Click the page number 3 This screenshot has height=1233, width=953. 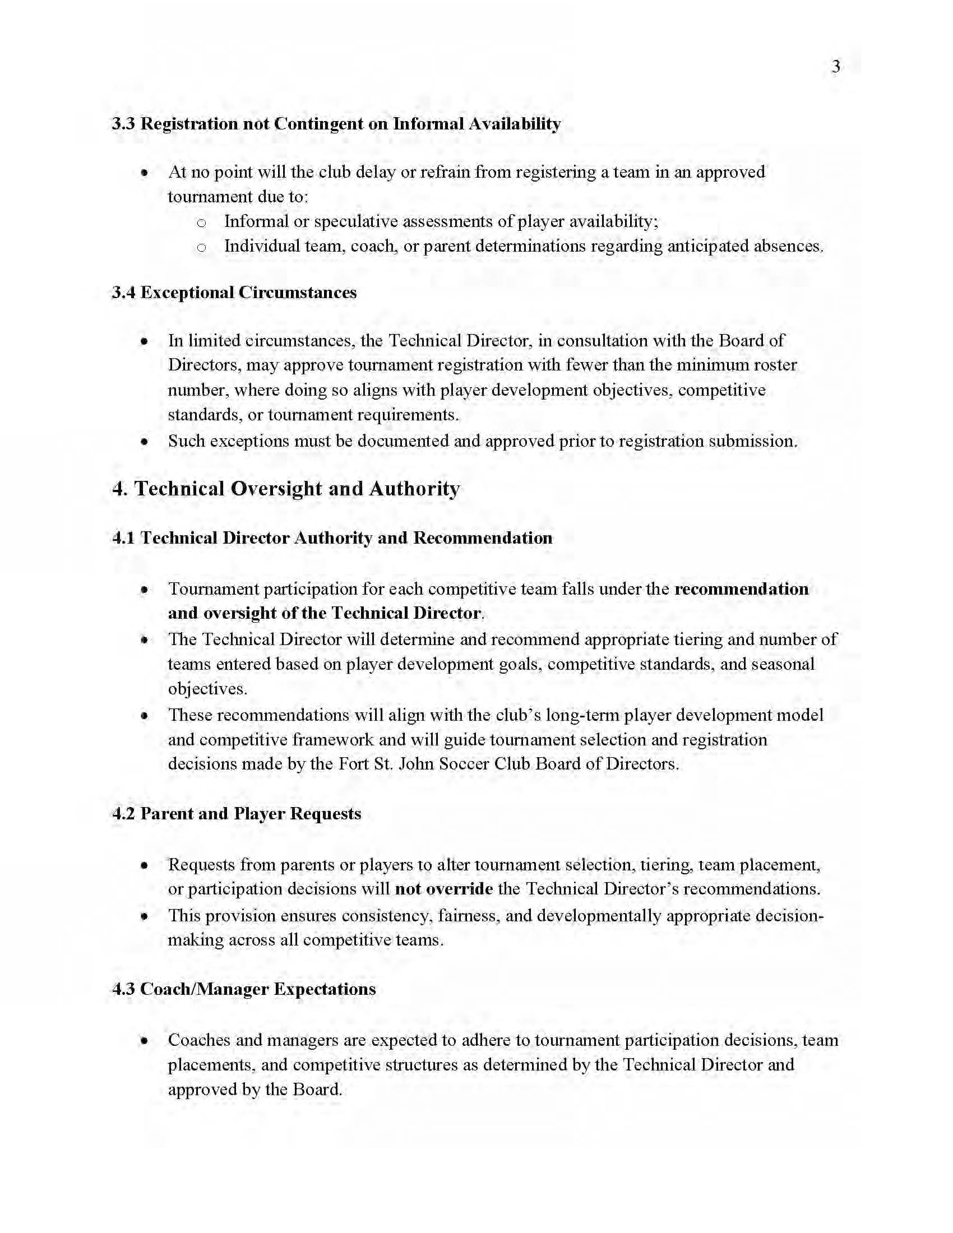tap(836, 67)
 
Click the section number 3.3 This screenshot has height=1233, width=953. tap(123, 124)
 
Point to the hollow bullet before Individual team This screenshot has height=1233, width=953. tap(202, 247)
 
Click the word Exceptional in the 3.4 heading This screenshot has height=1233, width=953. tap(187, 293)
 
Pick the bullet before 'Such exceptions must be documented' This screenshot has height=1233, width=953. tap(145, 441)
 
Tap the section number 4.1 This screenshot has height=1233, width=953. tap(123, 537)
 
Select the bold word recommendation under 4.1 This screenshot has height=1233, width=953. tap(741, 589)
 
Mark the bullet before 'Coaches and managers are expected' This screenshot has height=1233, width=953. tap(145, 1040)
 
